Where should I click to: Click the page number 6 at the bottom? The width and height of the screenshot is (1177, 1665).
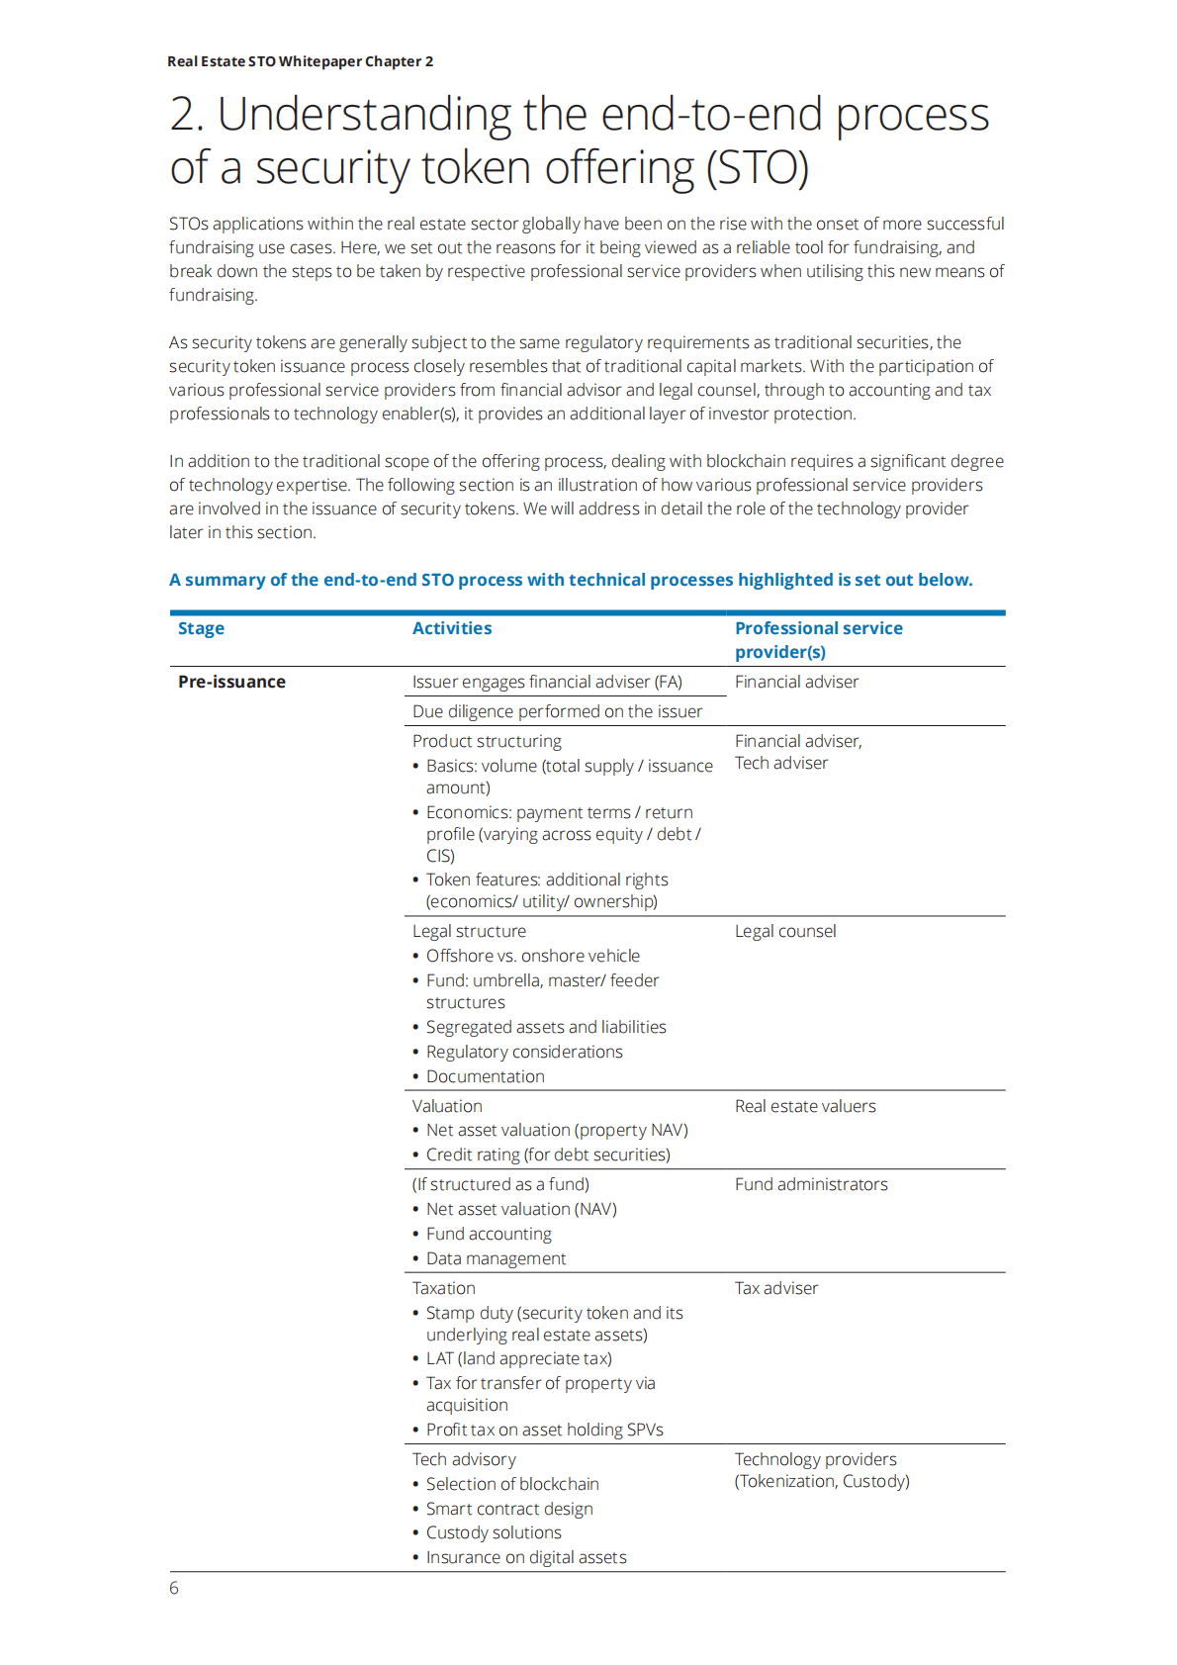tap(174, 1588)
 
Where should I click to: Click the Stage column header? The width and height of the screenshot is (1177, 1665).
tap(201, 628)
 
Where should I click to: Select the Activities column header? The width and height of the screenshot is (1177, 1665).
tap(452, 628)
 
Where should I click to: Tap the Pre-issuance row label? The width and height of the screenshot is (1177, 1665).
tap(231, 682)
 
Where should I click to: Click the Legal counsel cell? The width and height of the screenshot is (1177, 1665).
tap(785, 931)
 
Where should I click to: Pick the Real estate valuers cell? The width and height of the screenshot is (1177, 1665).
tap(805, 1106)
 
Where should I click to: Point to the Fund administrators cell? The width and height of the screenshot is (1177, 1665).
tap(811, 1184)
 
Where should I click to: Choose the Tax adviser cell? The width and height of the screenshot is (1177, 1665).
tap(776, 1288)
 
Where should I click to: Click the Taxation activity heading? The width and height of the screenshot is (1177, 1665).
tap(444, 1288)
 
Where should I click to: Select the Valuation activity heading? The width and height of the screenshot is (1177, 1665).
tap(447, 1106)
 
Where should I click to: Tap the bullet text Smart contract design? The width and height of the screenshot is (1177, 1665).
tap(509, 1509)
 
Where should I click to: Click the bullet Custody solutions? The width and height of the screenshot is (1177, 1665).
tap(494, 1532)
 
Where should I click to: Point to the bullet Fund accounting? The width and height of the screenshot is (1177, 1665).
tap(489, 1234)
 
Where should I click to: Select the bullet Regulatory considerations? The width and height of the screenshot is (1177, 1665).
tap(524, 1052)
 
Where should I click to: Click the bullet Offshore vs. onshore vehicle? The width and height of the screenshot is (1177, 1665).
tap(533, 956)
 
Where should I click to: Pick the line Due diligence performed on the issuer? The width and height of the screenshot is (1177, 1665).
tap(557, 711)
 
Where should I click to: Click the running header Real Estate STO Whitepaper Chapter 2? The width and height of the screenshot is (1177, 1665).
tap(300, 61)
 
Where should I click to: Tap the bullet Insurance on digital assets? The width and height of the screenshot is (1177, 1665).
tap(526, 1557)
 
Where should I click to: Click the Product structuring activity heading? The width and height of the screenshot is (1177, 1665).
tap(487, 741)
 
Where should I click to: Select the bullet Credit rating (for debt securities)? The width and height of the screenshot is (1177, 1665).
tap(548, 1155)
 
